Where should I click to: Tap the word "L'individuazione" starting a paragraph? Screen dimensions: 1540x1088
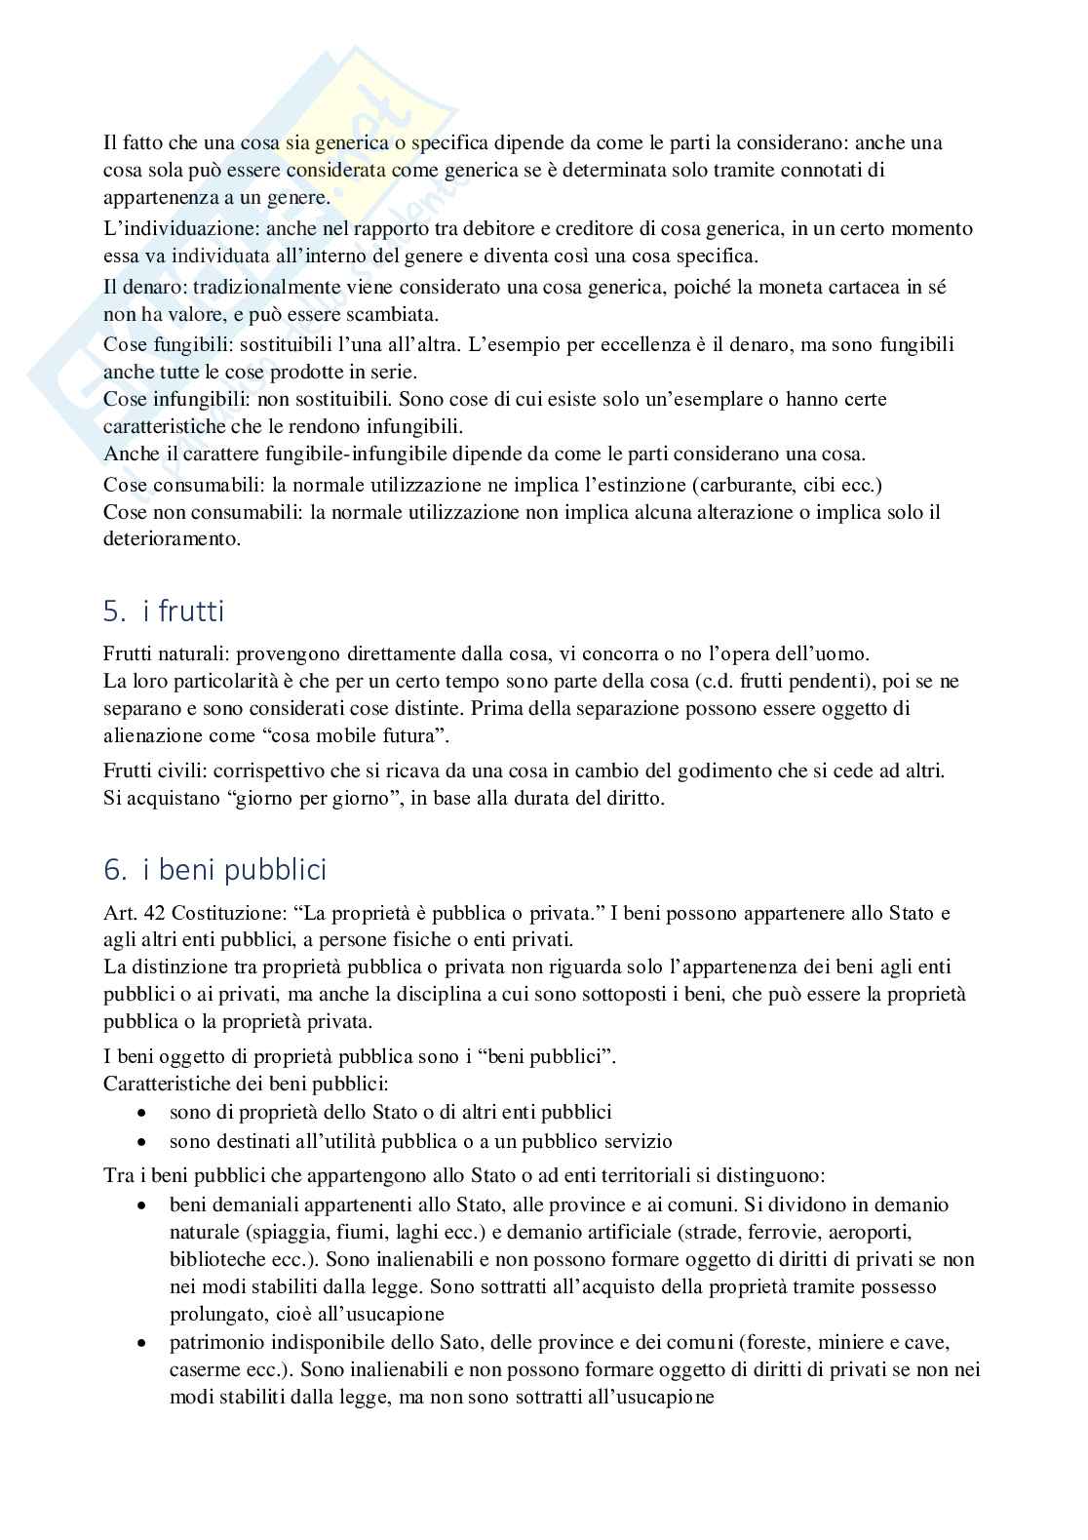[x=163, y=229]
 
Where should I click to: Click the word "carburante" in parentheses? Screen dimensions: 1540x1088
[x=741, y=485]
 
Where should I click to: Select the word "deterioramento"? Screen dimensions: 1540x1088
[x=171, y=538]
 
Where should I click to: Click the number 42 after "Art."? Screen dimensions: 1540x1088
[x=143, y=914]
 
